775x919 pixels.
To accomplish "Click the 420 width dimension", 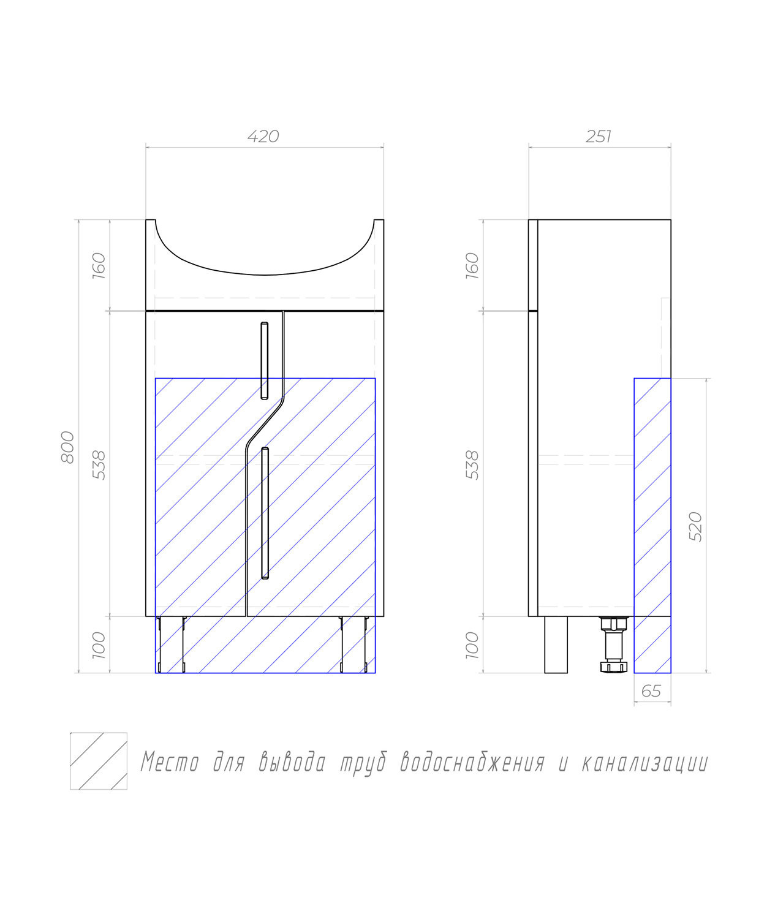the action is [263, 137].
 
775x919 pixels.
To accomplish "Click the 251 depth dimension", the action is [599, 137].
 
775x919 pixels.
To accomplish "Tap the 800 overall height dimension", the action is [67, 447].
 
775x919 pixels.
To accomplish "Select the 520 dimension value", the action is [696, 526].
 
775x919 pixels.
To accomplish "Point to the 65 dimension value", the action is [651, 692].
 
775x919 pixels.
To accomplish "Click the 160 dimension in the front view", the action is [99, 265].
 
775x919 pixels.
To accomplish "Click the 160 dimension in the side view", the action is [472, 265].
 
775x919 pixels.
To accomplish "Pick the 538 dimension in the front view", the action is [99, 465].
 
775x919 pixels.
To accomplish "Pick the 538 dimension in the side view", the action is [472, 465].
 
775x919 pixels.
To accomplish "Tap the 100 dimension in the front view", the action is [99, 645].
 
